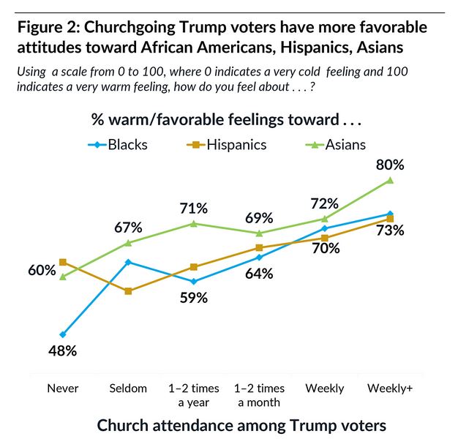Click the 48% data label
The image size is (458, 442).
(62, 351)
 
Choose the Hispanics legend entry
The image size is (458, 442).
(228, 144)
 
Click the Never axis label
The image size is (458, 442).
(63, 388)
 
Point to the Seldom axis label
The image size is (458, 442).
(128, 388)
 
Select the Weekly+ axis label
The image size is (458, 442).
(390, 388)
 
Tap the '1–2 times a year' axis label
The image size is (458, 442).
(194, 394)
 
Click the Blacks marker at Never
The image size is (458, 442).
(64, 334)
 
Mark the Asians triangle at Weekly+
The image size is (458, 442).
(391, 180)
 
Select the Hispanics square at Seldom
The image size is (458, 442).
(129, 291)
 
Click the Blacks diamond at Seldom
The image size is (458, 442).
(129, 262)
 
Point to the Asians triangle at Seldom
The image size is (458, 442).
(129, 242)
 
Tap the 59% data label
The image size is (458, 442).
(194, 298)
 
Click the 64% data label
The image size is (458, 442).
(259, 274)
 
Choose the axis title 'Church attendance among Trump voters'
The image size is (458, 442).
(241, 425)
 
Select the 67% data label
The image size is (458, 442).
(129, 226)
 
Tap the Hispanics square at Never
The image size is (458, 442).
(64, 262)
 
